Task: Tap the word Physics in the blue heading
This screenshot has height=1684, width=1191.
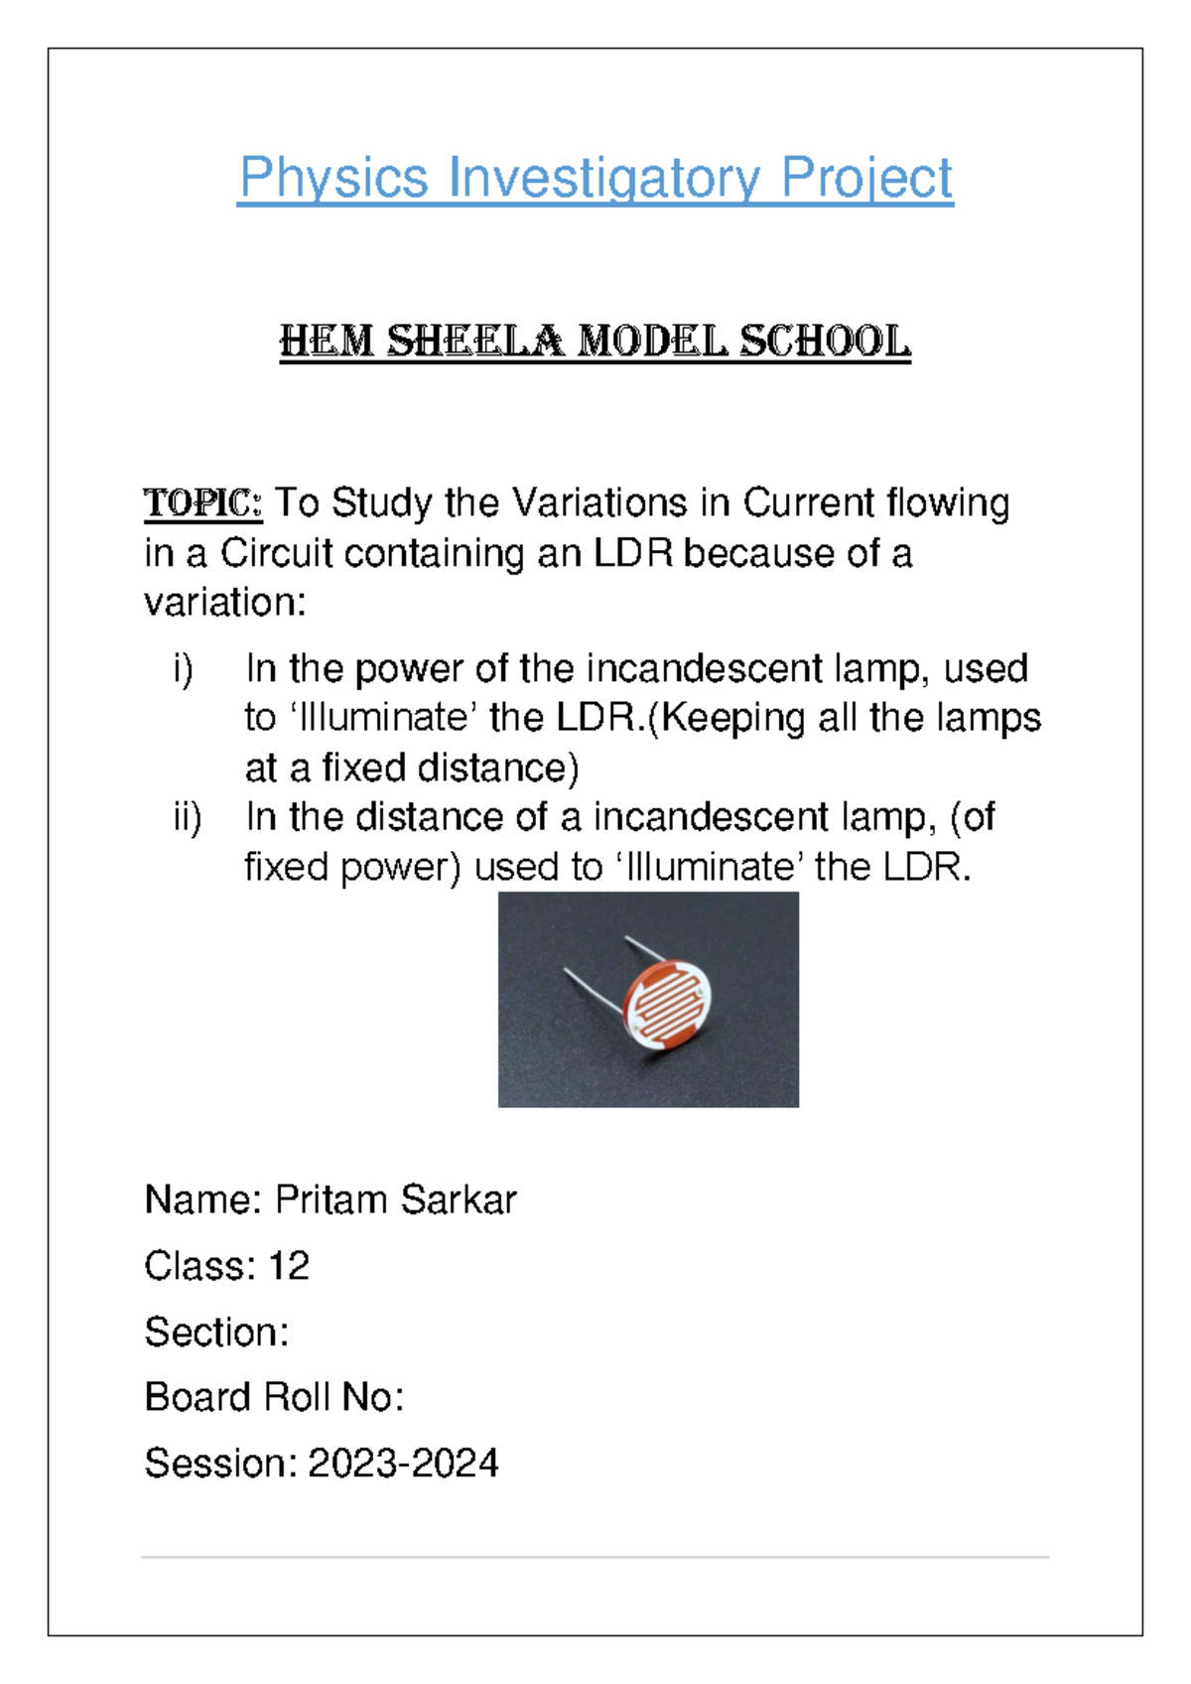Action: [333, 179]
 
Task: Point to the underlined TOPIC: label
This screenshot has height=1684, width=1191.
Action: [202, 503]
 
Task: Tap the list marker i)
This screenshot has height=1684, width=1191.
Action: [184, 669]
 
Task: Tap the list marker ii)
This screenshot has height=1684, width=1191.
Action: [187, 817]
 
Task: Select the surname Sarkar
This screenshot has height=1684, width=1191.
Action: [459, 1200]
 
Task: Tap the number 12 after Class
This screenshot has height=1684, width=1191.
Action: [289, 1266]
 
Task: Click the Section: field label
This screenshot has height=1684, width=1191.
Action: [216, 1333]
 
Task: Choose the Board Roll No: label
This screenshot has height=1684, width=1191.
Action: [274, 1398]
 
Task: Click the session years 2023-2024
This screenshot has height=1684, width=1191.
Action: [403, 1464]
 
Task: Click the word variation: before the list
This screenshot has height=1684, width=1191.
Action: [225, 603]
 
